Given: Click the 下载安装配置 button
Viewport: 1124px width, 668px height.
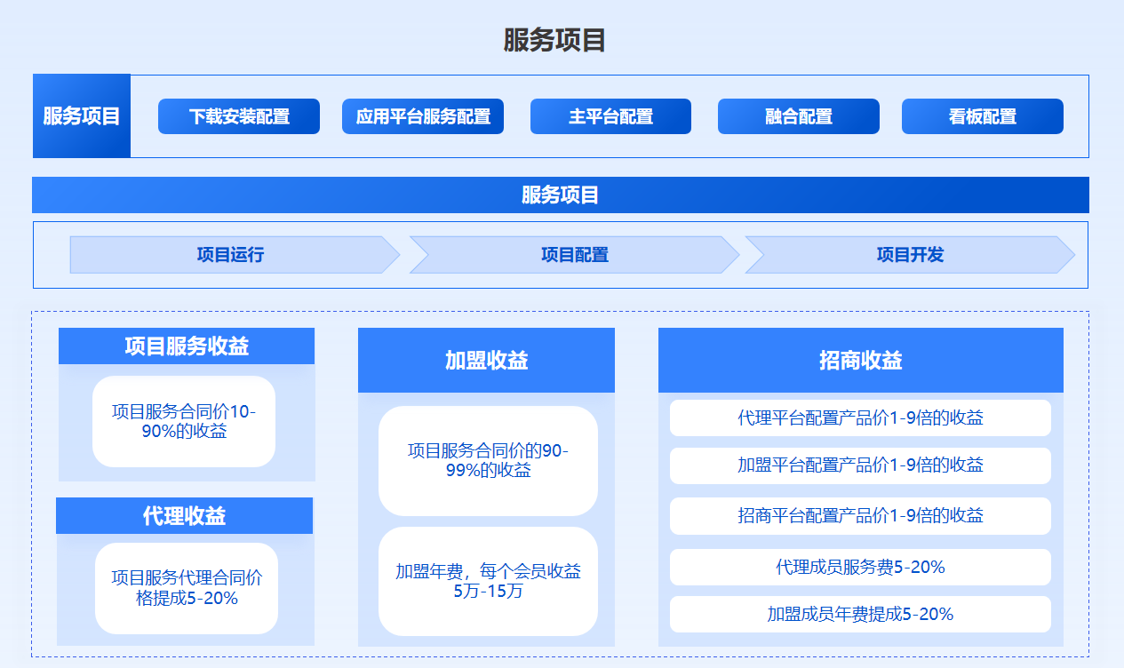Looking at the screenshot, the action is [239, 116].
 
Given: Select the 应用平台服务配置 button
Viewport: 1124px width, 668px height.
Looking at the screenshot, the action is [423, 116].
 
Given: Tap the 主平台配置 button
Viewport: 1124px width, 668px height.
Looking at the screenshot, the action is [610, 116].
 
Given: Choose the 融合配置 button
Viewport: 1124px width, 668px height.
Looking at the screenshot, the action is [798, 116].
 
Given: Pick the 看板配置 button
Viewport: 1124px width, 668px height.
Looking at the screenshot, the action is [983, 116].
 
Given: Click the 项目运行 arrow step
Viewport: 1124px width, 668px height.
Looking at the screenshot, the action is [235, 255].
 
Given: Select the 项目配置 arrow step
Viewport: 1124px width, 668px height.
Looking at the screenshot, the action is [575, 255].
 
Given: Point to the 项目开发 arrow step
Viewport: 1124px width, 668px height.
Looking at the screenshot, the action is [910, 255].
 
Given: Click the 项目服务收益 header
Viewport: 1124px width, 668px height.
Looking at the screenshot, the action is [187, 346].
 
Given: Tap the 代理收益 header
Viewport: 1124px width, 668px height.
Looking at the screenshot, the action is [184, 515].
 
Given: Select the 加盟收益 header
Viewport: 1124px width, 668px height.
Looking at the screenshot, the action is [486, 360].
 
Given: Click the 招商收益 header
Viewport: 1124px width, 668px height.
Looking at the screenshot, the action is [861, 360].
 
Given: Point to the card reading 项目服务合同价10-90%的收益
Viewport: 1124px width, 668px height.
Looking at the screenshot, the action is [184, 421].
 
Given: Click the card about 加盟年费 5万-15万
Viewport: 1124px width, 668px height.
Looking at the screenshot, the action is [488, 581].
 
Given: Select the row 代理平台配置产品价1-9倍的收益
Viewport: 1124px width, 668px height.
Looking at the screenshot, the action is [860, 417].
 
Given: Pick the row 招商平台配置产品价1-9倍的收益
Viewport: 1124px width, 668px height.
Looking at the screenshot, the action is [860, 515].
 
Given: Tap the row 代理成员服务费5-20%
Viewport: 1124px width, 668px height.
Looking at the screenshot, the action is [860, 567].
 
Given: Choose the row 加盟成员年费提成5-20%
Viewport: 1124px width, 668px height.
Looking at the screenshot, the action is [860, 614].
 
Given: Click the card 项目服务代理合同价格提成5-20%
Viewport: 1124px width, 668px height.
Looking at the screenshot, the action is [187, 588].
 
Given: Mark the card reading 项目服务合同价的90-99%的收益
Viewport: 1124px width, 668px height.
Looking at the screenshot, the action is [488, 461].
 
